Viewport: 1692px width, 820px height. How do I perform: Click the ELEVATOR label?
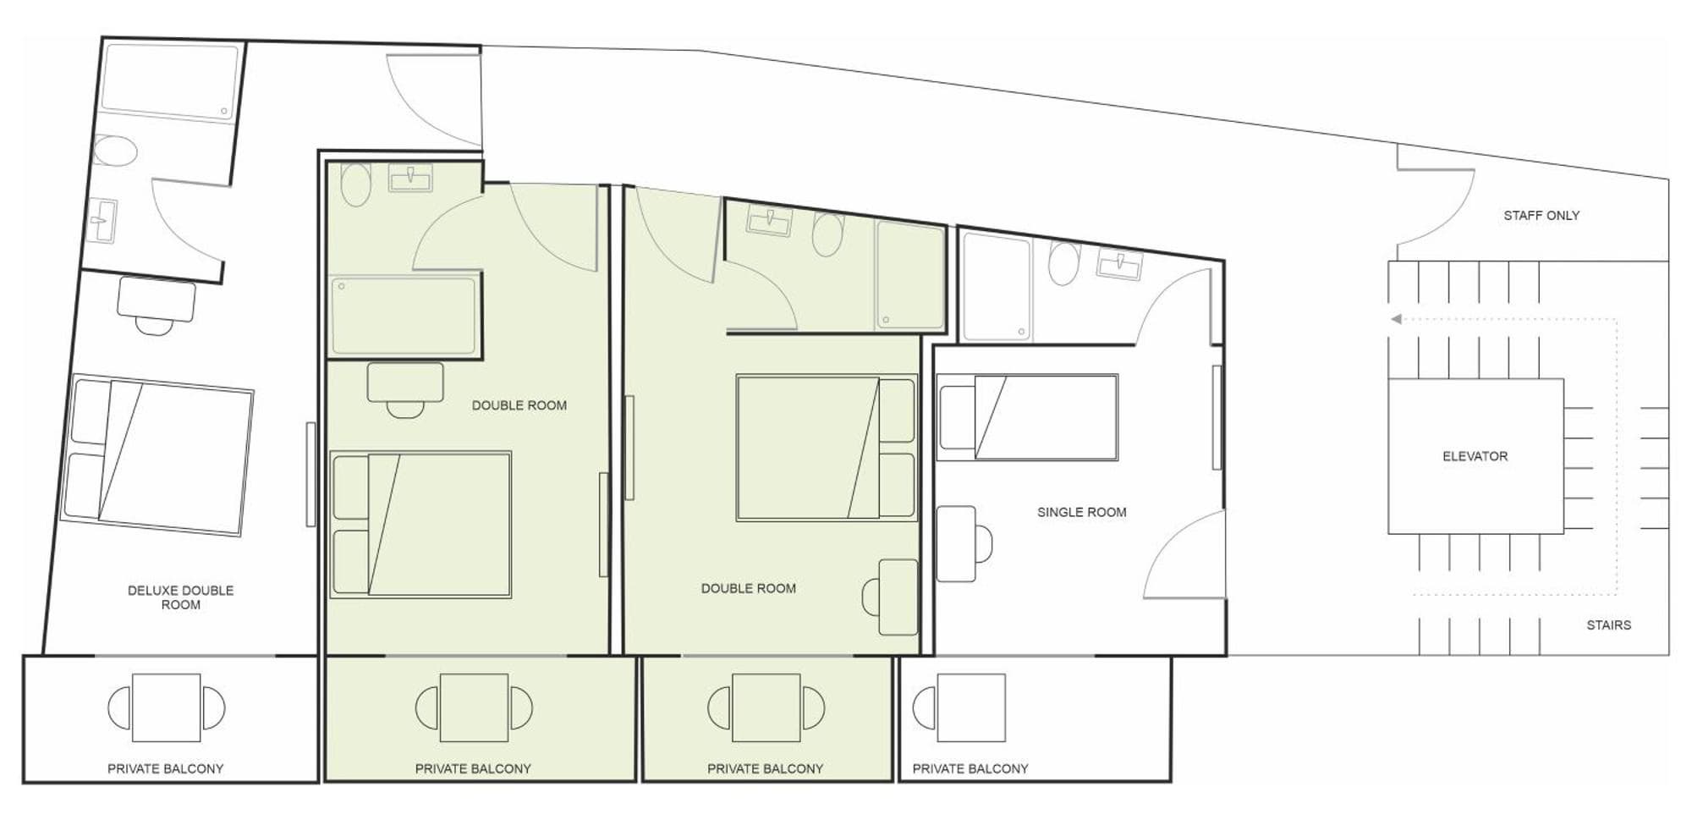pyautogui.click(x=1475, y=456)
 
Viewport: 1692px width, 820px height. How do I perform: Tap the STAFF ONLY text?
pyautogui.click(x=1541, y=216)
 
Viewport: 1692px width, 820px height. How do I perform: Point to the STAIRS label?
pyautogui.click(x=1608, y=625)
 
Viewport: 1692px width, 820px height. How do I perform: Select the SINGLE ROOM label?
pyautogui.click(x=1081, y=512)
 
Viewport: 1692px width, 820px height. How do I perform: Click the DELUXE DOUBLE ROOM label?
pyautogui.click(x=180, y=597)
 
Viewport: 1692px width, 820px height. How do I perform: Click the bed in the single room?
pyautogui.click(x=1027, y=418)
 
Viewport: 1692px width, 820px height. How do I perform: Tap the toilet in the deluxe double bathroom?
pyautogui.click(x=114, y=152)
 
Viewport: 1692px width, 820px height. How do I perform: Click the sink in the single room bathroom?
pyautogui.click(x=1118, y=265)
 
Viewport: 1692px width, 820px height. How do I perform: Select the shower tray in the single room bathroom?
pyautogui.click(x=997, y=287)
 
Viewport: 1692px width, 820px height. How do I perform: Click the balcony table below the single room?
pyautogui.click(x=971, y=707)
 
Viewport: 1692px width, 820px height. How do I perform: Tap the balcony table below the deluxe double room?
pyautogui.click(x=166, y=707)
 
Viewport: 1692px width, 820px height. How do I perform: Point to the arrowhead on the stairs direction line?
pyautogui.click(x=1396, y=319)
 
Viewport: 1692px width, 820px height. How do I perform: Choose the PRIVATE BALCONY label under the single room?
pyautogui.click(x=970, y=769)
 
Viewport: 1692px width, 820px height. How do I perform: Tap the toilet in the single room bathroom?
pyautogui.click(x=1064, y=262)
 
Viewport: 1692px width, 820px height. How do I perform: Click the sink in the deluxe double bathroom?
pyautogui.click(x=102, y=221)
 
